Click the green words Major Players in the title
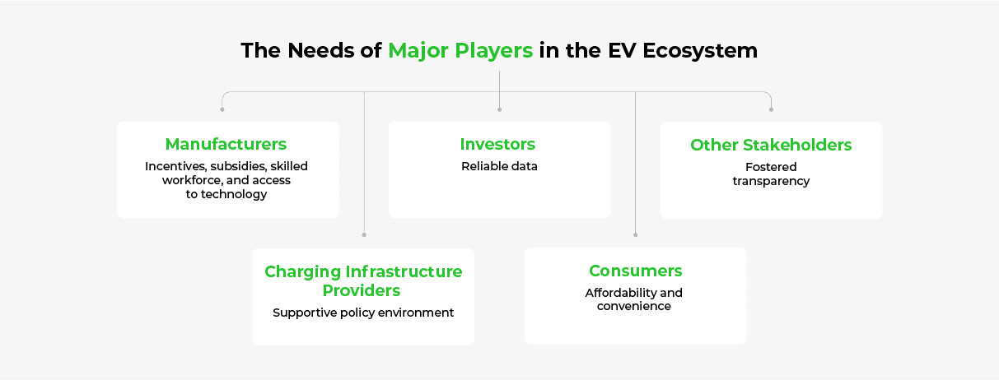point(460,51)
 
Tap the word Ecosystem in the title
point(700,51)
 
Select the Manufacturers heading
point(226,144)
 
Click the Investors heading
point(497,144)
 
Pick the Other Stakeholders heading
point(771,145)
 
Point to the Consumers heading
point(636,271)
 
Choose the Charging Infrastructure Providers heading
point(363,280)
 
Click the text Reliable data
point(499,166)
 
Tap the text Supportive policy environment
point(363,313)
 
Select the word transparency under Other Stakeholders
point(771,181)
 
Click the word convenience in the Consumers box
point(633,306)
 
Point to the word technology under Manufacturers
point(234,194)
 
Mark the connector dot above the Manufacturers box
point(222,109)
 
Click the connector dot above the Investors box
point(499,109)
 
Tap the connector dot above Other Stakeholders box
point(771,109)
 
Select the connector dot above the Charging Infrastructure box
point(364,234)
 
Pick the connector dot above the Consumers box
point(636,234)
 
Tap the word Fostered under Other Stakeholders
point(771,167)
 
